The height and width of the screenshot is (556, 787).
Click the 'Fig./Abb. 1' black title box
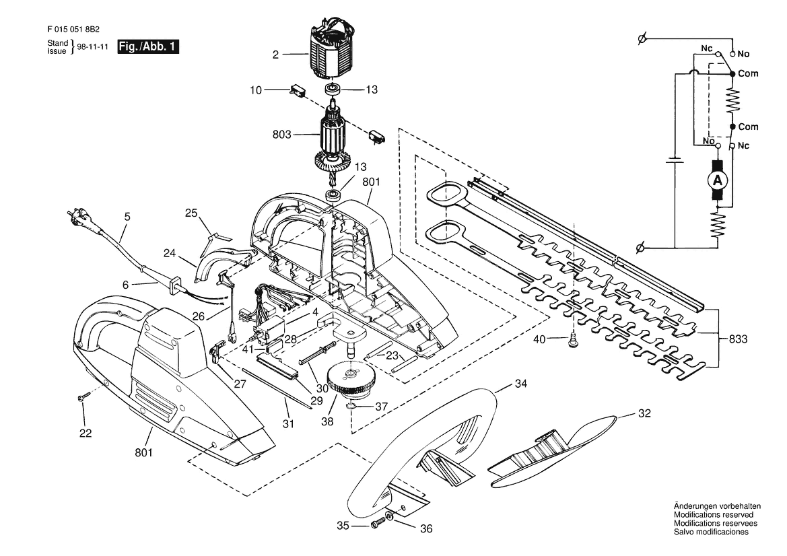click(148, 46)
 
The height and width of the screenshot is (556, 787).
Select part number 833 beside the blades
click(738, 339)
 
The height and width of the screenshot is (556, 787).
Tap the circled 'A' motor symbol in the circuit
click(718, 180)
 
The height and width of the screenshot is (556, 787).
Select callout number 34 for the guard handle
click(521, 384)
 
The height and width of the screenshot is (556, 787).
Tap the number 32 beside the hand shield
click(644, 413)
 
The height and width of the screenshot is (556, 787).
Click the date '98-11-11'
click(92, 46)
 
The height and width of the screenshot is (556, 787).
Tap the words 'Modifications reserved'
click(713, 515)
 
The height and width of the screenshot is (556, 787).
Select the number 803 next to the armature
click(282, 135)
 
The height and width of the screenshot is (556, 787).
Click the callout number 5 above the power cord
click(127, 217)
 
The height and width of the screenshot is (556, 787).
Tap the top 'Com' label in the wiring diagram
click(748, 73)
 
